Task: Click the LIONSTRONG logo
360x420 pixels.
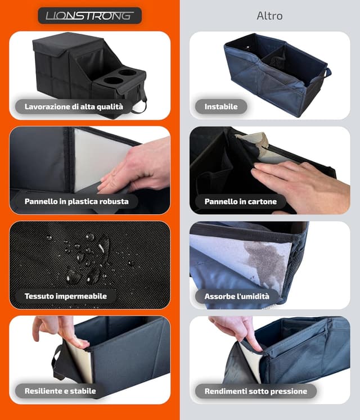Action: (x=90, y=16)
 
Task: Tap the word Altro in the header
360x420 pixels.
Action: (x=269, y=16)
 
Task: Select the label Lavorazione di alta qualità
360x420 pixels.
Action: (x=74, y=107)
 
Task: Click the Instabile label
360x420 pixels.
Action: (x=221, y=107)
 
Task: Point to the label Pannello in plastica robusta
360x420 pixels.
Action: (x=76, y=201)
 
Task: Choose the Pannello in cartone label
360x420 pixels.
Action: (x=240, y=201)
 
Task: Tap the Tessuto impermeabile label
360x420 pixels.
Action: (x=66, y=296)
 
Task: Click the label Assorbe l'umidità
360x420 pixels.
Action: (x=237, y=296)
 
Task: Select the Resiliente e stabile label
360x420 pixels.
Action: (x=60, y=391)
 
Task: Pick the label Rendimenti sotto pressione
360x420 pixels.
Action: (x=256, y=391)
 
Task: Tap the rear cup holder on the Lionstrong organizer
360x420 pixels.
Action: (x=128, y=73)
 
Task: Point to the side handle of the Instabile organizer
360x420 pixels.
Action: (x=327, y=73)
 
